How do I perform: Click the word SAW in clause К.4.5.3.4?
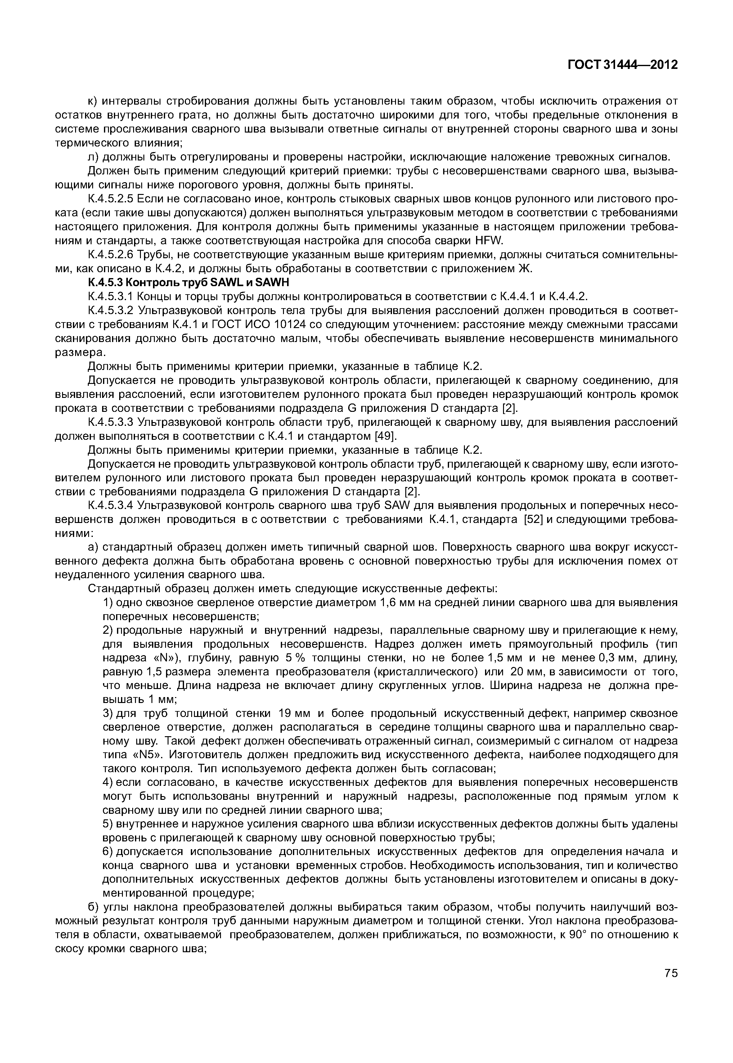pyautogui.click(x=393, y=505)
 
